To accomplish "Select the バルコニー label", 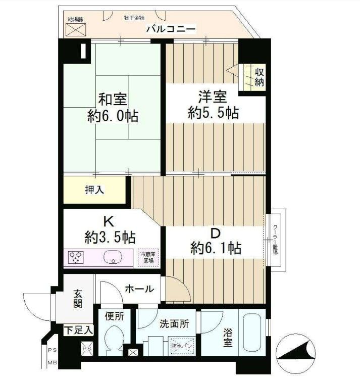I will pos(171,29).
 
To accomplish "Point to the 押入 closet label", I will pos(94,190).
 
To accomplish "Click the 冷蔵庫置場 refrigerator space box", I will pos(148,258).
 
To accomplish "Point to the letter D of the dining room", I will pos(215,233).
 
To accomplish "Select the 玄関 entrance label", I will pos(78,299).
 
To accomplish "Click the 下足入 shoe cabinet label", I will pos(78,330).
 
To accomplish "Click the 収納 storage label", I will pos(259,76).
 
